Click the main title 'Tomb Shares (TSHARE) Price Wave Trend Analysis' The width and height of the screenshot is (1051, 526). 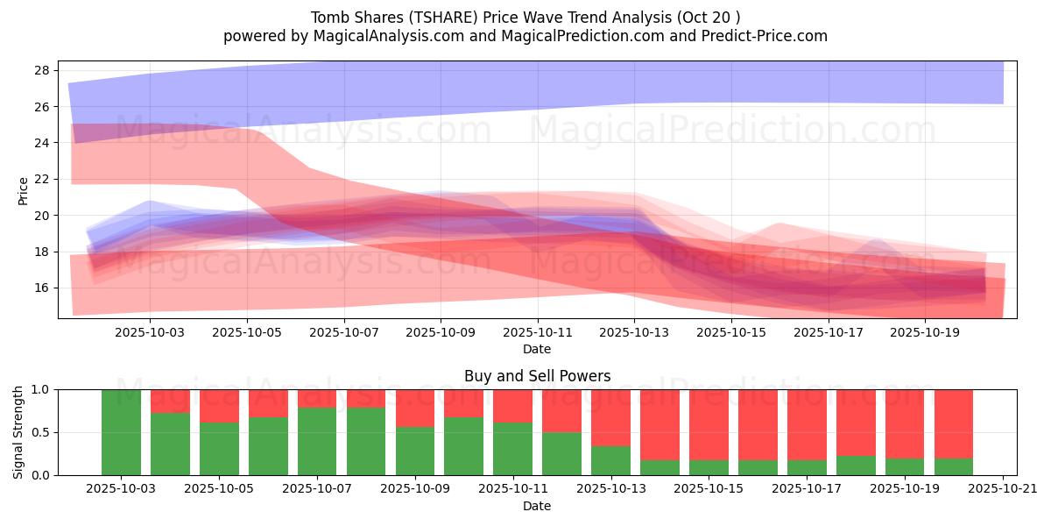click(525, 18)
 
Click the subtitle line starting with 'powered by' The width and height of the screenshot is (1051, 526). click(525, 36)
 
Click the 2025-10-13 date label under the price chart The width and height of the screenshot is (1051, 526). click(635, 333)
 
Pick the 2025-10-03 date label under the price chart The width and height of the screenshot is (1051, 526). click(150, 333)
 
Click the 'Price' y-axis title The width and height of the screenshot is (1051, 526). click(23, 190)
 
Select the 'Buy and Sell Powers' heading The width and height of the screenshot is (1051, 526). click(537, 376)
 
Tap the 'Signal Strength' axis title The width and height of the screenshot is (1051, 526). click(18, 432)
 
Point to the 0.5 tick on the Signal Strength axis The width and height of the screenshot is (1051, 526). click(40, 432)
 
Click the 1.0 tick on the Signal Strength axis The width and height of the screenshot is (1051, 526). click(40, 389)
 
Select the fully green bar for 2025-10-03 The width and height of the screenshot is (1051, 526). click(121, 432)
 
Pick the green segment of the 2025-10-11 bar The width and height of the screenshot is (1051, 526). click(512, 449)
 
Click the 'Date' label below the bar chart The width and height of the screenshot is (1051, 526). click(537, 506)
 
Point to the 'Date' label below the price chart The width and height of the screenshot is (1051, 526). click(537, 349)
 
